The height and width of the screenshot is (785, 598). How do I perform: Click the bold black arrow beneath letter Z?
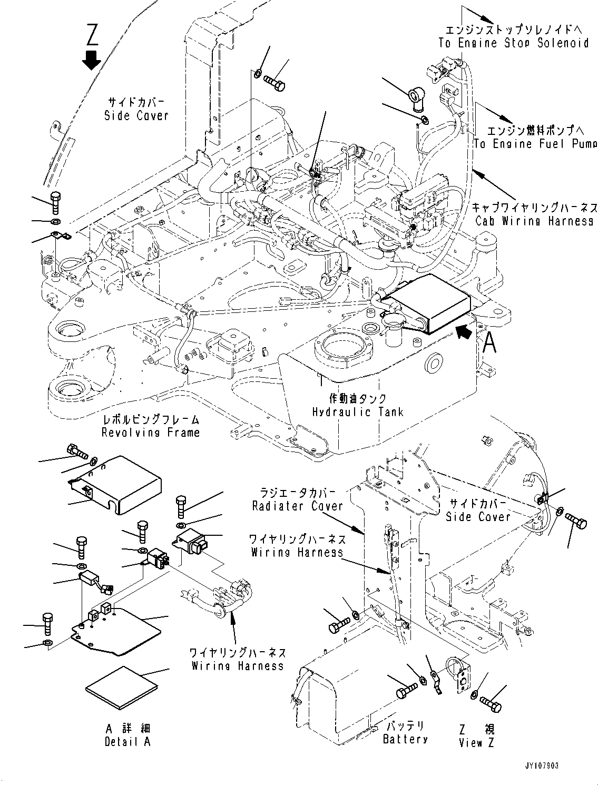(x=92, y=60)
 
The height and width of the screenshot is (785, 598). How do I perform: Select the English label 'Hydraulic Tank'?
(x=358, y=411)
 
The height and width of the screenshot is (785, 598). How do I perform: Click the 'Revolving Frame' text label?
(x=151, y=432)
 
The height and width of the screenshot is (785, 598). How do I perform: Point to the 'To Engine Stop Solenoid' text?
(x=513, y=43)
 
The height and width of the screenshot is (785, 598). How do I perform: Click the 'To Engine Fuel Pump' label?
(x=535, y=143)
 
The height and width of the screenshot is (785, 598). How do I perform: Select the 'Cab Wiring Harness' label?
(x=535, y=221)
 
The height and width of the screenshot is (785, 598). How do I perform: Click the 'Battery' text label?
(x=405, y=739)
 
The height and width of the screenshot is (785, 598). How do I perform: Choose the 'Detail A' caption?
(x=128, y=741)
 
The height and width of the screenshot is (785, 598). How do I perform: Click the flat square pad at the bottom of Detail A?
(x=121, y=688)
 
